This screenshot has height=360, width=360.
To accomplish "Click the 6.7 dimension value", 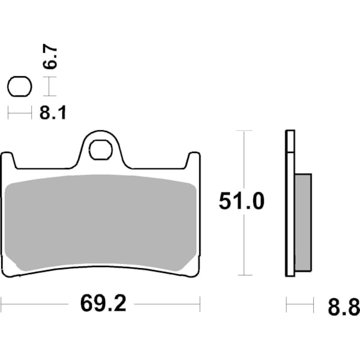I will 52,56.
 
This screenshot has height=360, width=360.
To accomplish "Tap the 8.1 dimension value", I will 53,112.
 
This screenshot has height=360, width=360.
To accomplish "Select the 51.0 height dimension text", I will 241,202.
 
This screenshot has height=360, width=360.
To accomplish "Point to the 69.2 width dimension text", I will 103,304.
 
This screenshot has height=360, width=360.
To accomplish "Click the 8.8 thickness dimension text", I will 344,308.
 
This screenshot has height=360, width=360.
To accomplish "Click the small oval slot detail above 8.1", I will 19,87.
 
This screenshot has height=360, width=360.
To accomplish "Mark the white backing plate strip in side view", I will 290,204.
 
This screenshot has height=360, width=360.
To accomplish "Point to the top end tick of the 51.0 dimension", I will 244,130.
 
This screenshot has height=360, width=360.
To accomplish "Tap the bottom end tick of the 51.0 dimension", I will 244,275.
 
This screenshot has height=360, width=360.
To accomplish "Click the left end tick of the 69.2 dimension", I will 1,304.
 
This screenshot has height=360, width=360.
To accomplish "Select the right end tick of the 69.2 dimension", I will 200,304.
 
